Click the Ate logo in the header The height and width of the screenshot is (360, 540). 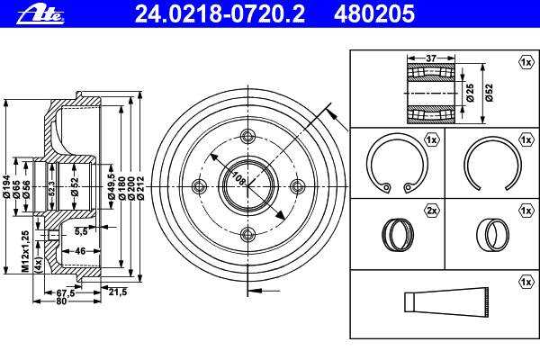point(40,14)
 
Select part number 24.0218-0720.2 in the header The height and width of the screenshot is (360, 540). point(220,14)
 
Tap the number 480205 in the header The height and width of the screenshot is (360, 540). point(374,14)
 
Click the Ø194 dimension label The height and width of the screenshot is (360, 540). point(6,186)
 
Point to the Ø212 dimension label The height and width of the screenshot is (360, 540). point(140,188)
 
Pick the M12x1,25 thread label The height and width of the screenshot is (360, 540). point(25,251)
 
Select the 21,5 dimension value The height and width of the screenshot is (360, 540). point(118,292)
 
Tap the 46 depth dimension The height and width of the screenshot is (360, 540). point(80,251)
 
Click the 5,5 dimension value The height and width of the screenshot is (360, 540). point(81,232)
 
